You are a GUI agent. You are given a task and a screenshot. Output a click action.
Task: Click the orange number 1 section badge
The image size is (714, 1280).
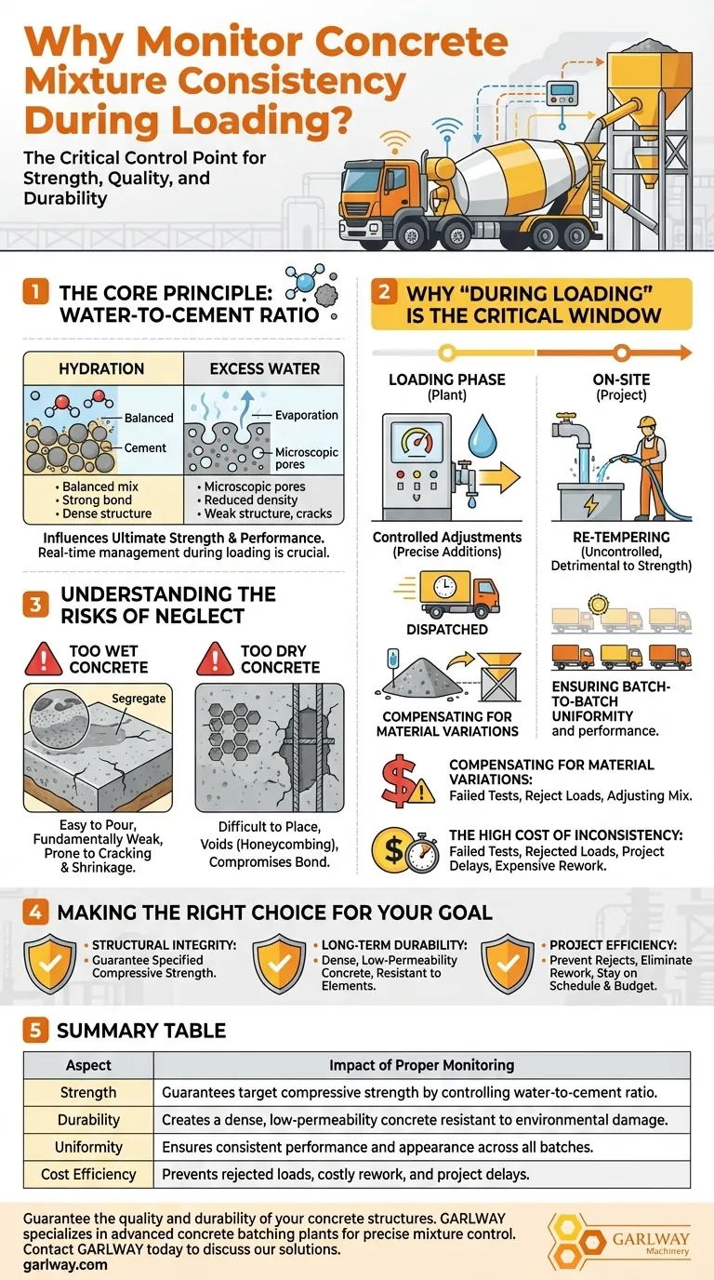point(35,291)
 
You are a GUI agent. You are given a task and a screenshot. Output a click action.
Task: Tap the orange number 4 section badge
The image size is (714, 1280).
point(35,912)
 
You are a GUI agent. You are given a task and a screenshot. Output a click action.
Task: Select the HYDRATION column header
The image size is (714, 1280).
point(101,368)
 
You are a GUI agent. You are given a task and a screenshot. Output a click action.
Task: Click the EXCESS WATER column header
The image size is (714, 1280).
point(264,368)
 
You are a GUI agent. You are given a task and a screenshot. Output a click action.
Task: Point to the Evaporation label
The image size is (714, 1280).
point(307,415)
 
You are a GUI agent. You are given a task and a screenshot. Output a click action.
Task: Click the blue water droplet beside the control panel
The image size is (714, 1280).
point(483,434)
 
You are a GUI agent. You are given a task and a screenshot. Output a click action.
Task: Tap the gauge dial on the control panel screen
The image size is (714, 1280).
point(416,442)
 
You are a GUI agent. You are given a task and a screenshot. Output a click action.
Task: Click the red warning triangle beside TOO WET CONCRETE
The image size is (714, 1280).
point(44,659)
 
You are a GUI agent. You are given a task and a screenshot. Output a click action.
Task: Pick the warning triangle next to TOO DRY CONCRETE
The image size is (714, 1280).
point(215,659)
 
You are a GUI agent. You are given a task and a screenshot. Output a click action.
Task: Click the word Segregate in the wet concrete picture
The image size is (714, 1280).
point(139,699)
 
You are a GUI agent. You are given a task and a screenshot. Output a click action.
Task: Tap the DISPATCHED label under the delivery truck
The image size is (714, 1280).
point(447,629)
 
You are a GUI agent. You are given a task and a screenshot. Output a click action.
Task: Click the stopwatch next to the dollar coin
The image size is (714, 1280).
point(424,854)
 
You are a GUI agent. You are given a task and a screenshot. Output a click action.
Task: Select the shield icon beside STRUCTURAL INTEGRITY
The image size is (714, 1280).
point(50,964)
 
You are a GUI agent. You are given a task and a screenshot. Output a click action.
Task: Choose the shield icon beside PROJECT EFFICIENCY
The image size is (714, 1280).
point(508,964)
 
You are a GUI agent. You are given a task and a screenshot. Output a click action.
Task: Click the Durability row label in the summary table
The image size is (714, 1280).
point(88,1119)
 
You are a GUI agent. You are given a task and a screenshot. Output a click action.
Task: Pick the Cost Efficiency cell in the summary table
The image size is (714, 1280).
point(88,1174)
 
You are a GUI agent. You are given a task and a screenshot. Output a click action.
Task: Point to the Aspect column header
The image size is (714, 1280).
point(88,1065)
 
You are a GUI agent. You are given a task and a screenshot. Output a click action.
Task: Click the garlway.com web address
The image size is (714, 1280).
point(65,1264)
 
